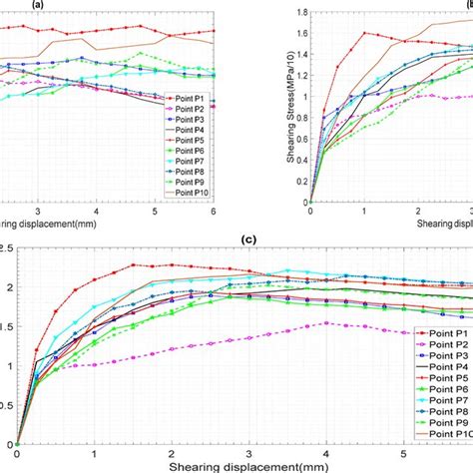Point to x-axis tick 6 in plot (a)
click(214, 213)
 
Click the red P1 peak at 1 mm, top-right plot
click(364, 33)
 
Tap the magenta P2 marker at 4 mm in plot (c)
click(326, 323)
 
